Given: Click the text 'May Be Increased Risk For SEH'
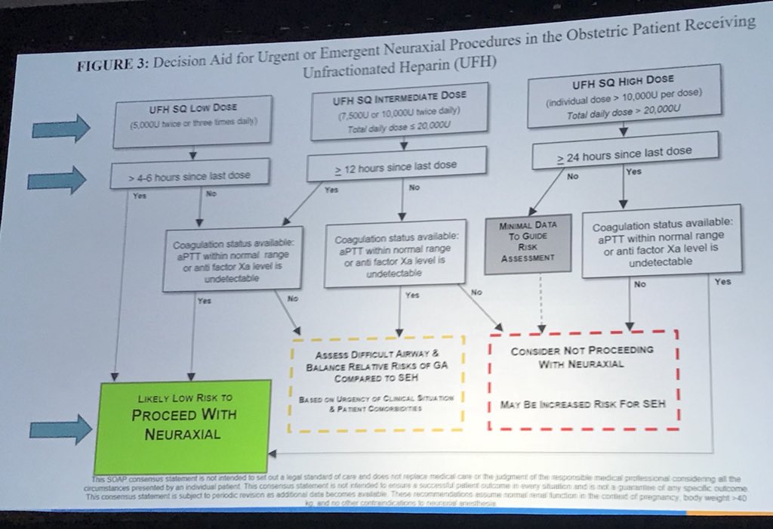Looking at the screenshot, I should pos(582,404).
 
